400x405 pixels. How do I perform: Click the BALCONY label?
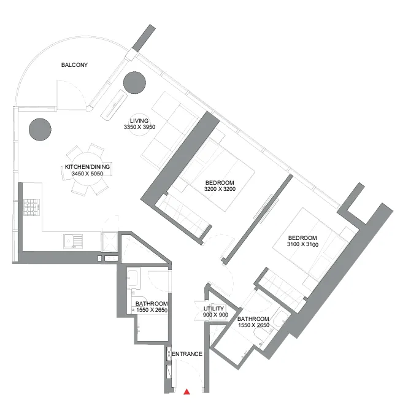click(x=75, y=64)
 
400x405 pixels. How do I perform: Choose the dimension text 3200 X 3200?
click(x=220, y=189)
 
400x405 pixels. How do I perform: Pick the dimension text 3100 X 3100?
click(x=302, y=245)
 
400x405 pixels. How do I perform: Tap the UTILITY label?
click(x=215, y=308)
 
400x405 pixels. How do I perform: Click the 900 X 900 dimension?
click(x=215, y=315)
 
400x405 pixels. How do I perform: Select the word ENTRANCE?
click(x=187, y=354)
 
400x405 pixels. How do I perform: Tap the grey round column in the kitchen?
click(x=40, y=129)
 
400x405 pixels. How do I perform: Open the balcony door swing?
click(x=69, y=95)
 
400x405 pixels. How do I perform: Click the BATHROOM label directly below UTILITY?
click(x=253, y=319)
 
